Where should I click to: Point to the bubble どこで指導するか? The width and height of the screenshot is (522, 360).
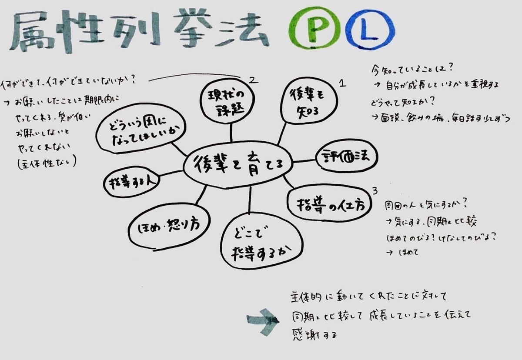261,242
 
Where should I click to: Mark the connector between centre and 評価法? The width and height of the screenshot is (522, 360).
304,161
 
